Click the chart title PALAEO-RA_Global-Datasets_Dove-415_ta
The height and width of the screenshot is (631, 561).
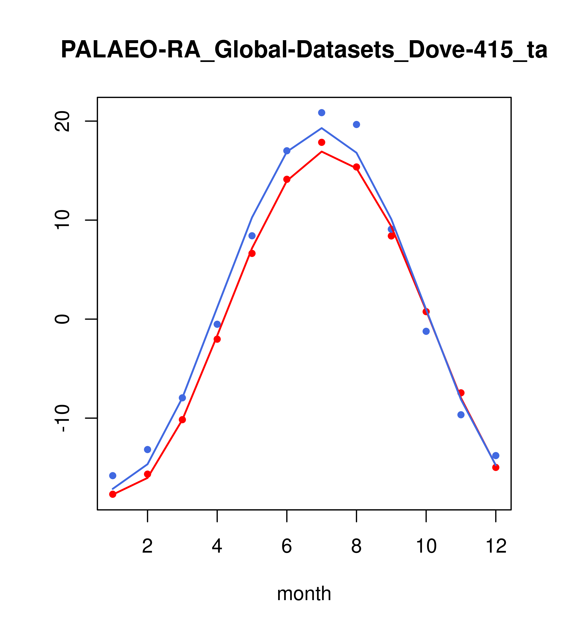pos(304,50)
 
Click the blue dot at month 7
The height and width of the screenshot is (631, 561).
pos(321,113)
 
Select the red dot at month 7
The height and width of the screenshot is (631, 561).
pos(321,142)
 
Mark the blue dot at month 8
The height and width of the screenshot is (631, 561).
pos(356,124)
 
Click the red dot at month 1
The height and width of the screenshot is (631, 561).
pos(113,494)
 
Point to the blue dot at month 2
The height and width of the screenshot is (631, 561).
pos(148,449)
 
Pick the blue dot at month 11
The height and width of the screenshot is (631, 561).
pos(461,415)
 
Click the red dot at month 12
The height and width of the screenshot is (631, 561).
pos(496,467)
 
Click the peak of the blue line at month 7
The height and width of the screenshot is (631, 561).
pos(321,128)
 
